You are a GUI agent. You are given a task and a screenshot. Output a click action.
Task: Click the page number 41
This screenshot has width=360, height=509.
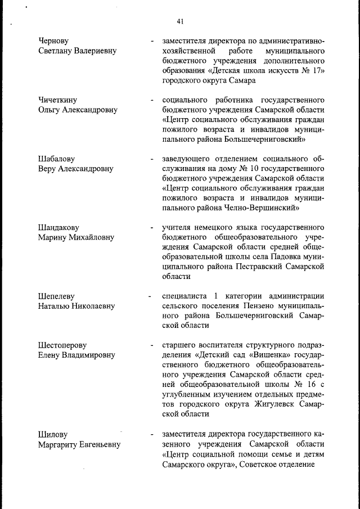[180, 21]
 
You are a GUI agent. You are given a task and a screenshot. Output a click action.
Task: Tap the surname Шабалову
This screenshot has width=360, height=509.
[57, 159]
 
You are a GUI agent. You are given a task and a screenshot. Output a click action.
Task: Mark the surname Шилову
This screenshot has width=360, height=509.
[53, 435]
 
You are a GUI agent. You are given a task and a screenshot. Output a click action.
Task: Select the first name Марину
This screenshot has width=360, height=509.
[53, 237]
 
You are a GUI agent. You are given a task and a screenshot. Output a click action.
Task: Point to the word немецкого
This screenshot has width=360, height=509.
[215, 228]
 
